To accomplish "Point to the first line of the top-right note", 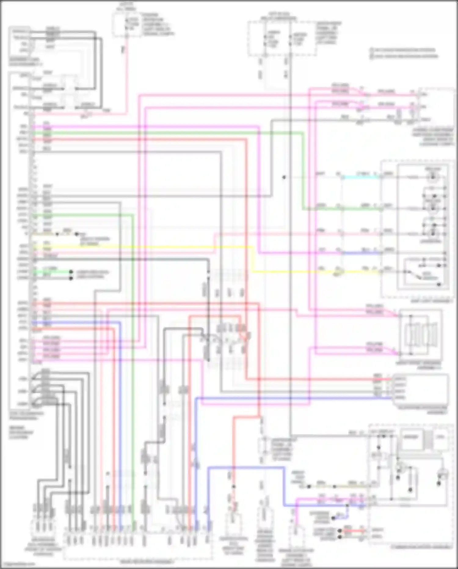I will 403,50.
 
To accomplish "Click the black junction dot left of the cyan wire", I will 284,177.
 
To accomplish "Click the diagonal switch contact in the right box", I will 412,274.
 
